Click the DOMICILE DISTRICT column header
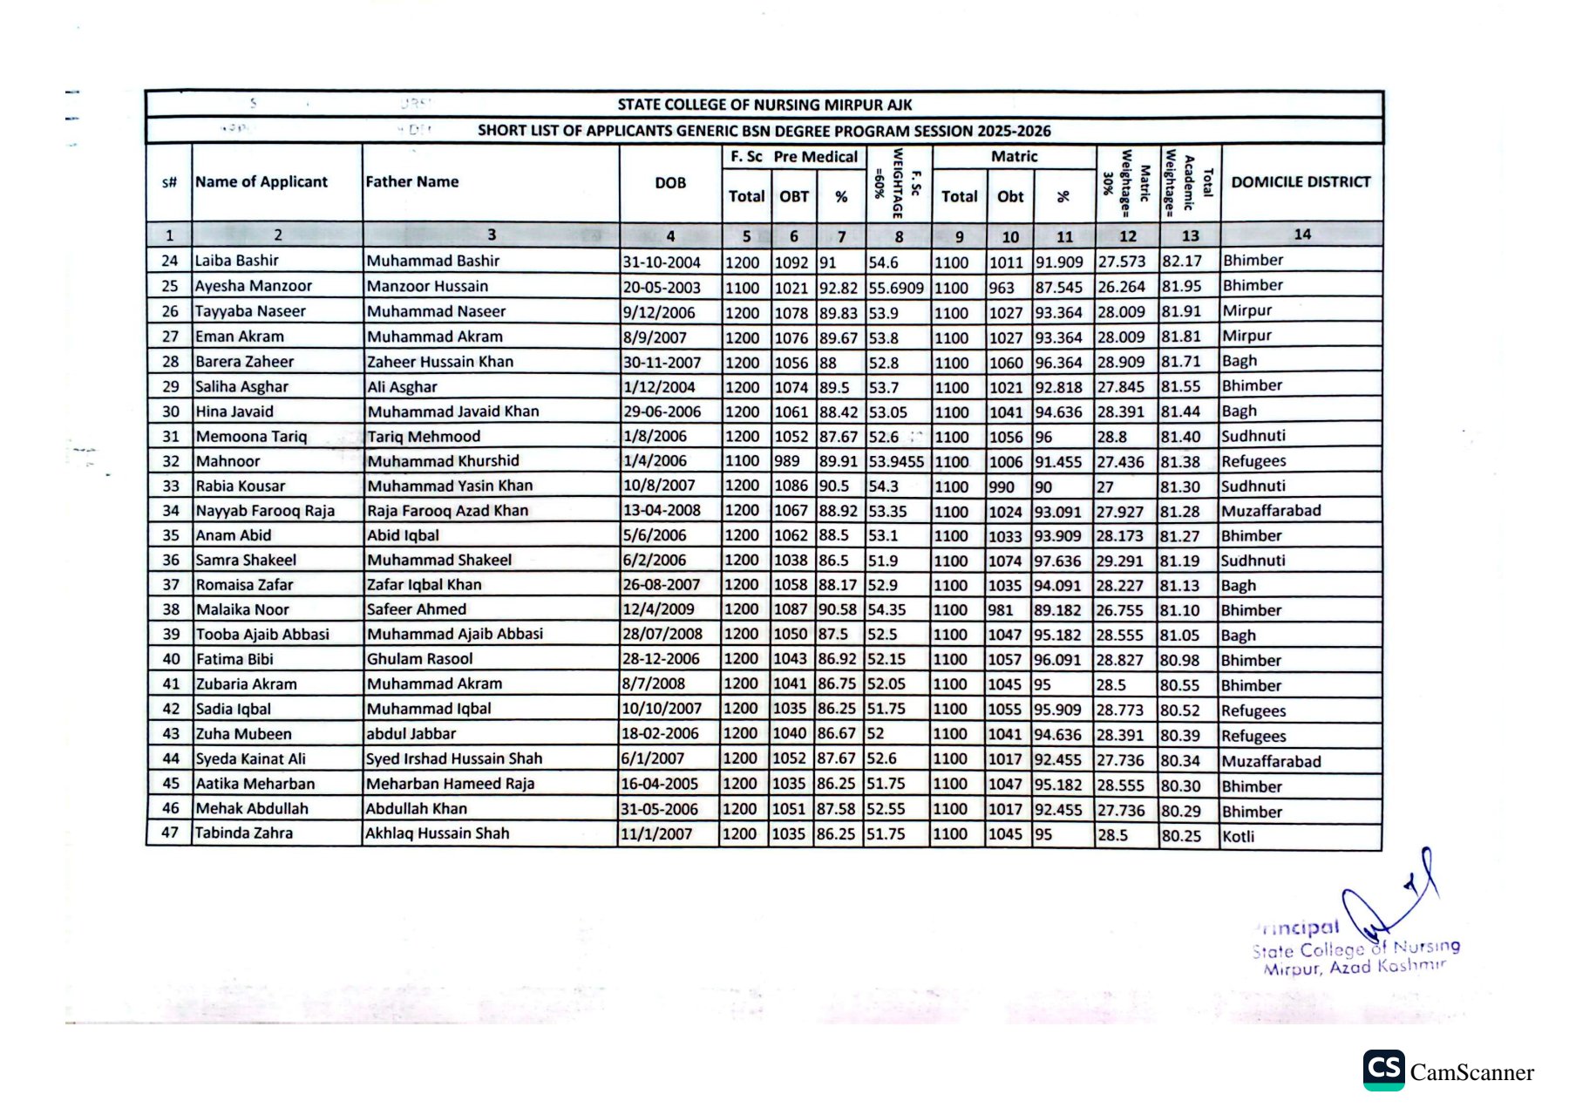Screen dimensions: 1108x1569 point(1301,182)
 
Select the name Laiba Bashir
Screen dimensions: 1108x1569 point(237,261)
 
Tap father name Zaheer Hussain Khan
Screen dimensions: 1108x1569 point(440,362)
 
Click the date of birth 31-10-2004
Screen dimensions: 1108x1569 point(662,262)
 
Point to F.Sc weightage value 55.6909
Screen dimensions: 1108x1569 point(896,288)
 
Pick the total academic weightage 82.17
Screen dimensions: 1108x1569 point(1182,261)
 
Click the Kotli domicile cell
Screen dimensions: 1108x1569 point(1239,837)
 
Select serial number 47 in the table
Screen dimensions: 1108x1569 point(170,833)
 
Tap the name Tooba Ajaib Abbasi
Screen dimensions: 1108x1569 point(262,635)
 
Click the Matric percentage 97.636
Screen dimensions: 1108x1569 point(1057,561)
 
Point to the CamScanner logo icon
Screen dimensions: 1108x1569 point(1383,1071)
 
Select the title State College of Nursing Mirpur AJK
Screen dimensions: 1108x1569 point(764,105)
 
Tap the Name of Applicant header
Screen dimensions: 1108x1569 point(261,182)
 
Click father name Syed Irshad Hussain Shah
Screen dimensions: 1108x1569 point(454,759)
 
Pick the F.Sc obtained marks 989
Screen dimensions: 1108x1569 point(787,461)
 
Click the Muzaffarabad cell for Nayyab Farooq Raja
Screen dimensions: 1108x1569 point(1271,511)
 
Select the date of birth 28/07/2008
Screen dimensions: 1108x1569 point(662,635)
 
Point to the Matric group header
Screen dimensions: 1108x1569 point(1014,157)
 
